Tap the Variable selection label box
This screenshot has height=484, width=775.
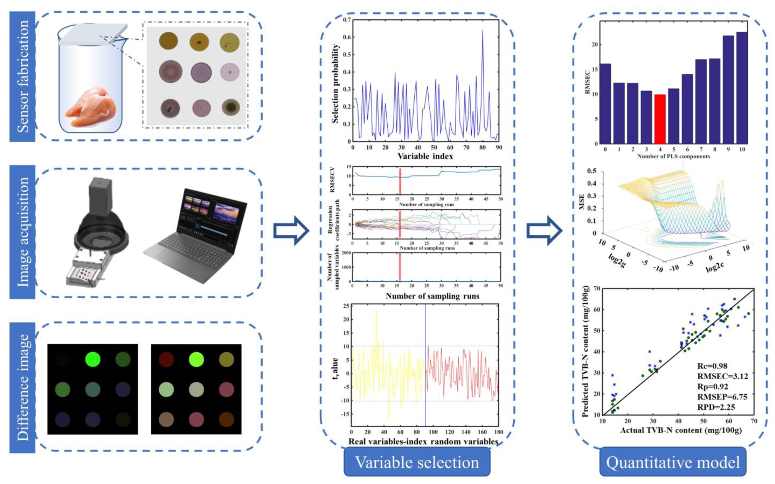[x=417, y=462]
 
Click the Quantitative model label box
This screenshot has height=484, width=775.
[x=673, y=462]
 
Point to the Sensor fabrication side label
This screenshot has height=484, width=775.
[x=22, y=77]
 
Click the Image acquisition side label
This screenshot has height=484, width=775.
[x=22, y=232]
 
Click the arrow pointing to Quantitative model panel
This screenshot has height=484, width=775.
[x=544, y=230]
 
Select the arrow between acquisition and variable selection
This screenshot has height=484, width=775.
[x=291, y=230]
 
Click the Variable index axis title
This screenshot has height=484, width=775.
[x=425, y=156]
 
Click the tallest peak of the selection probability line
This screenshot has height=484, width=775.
[x=482, y=31]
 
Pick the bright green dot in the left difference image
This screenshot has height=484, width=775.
[x=93, y=359]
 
